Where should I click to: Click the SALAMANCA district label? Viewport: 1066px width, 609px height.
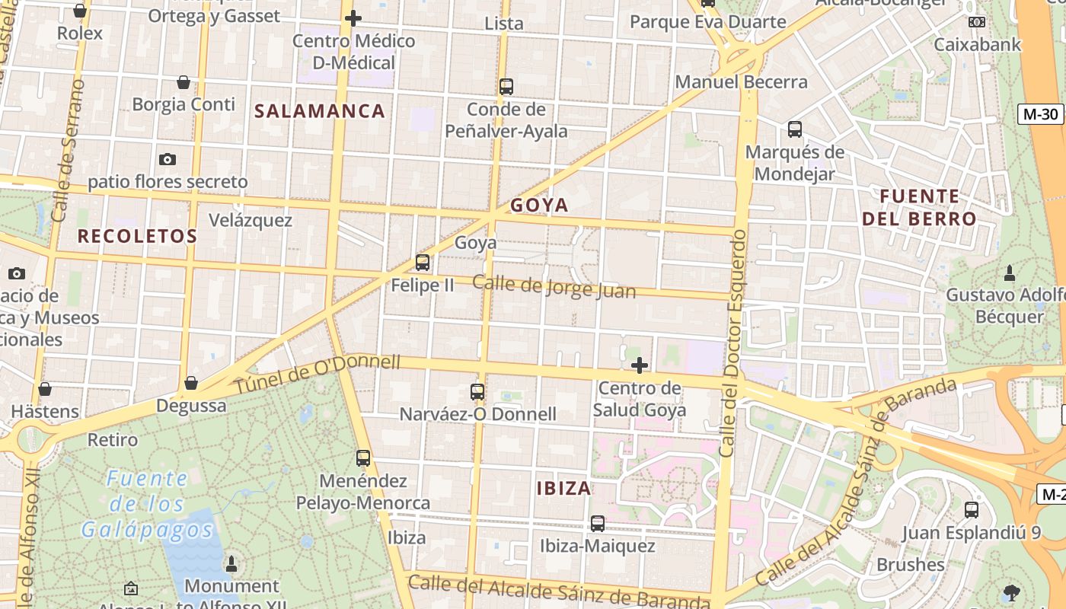(320, 111)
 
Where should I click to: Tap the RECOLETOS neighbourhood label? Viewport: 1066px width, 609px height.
(137, 236)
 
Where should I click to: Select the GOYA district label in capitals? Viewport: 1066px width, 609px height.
(539, 205)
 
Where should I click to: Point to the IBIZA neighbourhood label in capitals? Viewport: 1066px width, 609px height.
(563, 488)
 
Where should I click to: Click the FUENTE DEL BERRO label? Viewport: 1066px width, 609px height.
(919, 207)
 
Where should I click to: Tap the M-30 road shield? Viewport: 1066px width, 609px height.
(1040, 114)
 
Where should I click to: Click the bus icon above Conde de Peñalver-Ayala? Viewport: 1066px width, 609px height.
(506, 87)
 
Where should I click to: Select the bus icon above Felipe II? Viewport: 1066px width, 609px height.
(423, 263)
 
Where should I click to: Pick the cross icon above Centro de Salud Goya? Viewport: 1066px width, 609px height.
(640, 365)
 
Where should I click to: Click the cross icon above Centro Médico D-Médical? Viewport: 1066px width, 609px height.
(353, 18)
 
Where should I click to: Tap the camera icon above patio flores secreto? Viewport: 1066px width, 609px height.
(168, 159)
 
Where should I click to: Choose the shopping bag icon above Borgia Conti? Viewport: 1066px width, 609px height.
(184, 81)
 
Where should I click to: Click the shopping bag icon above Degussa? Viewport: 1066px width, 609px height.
(191, 382)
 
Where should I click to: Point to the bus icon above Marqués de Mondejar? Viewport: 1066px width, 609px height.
(795, 129)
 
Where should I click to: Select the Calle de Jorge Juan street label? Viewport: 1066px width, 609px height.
(554, 286)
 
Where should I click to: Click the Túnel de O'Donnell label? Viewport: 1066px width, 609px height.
(317, 375)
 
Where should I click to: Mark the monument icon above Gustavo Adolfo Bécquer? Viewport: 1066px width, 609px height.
(1010, 272)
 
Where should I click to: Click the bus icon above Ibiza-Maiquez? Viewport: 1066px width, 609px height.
(598, 524)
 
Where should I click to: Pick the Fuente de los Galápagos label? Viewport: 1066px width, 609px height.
(146, 503)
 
